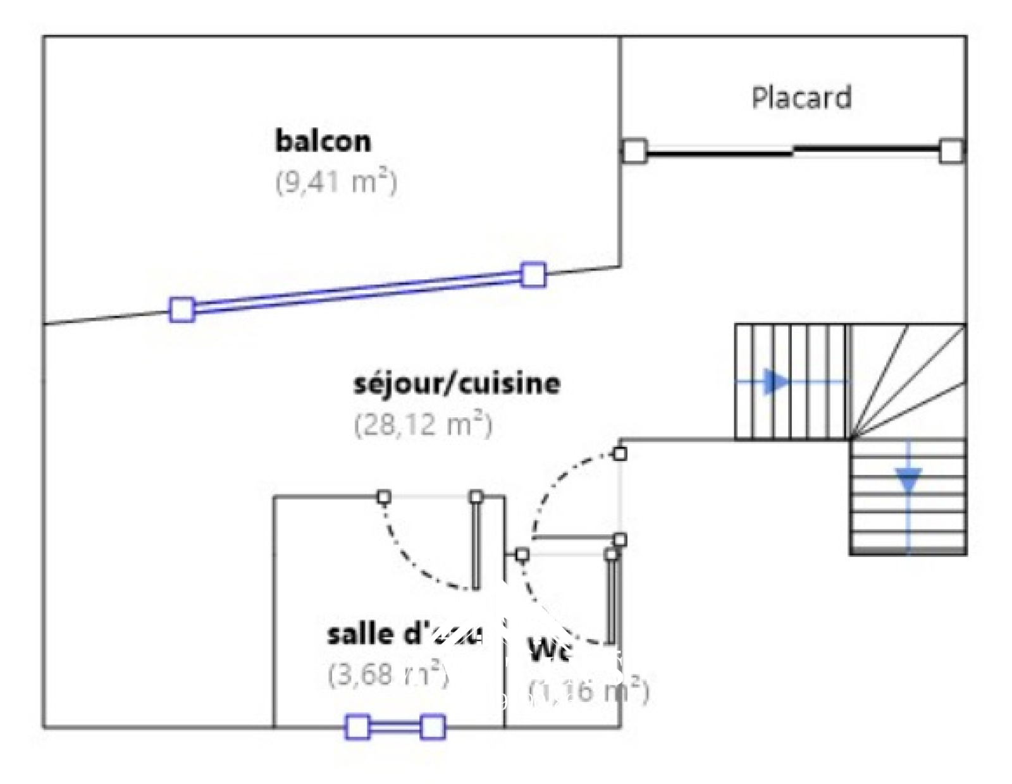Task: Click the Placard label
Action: coord(801,98)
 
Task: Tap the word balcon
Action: coord(323,140)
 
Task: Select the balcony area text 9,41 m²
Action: coord(336,182)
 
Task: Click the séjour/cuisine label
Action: coord(457,383)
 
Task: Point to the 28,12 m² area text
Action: coord(423,424)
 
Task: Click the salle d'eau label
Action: coord(405,634)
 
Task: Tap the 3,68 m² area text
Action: coord(388,675)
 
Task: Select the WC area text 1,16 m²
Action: coord(588,691)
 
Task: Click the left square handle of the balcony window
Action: coord(182,310)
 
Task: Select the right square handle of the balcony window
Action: coord(533,275)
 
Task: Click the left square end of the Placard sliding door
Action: coord(635,151)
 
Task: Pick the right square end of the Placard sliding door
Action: coord(951,151)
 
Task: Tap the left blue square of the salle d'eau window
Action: coord(357,727)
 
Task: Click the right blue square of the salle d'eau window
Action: coord(433,727)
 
